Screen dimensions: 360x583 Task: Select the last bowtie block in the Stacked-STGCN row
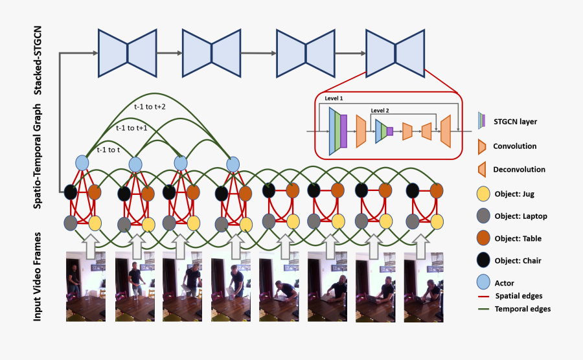click(395, 52)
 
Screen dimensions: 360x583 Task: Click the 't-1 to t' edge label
click(109, 150)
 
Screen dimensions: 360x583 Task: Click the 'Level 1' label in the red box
click(334, 98)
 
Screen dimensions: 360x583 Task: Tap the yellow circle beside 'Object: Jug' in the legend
click(483, 193)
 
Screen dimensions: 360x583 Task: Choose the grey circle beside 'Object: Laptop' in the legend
click(483, 216)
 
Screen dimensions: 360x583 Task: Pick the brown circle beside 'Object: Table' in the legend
click(483, 238)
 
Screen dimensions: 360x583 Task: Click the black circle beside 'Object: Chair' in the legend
click(483, 260)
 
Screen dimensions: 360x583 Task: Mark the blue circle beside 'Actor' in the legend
click(483, 282)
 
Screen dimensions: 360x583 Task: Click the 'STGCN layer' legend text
click(515, 121)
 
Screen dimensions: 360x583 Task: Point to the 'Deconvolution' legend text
click(519, 170)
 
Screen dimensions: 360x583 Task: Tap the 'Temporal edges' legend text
click(522, 309)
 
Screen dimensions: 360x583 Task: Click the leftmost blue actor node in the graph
click(82, 162)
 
